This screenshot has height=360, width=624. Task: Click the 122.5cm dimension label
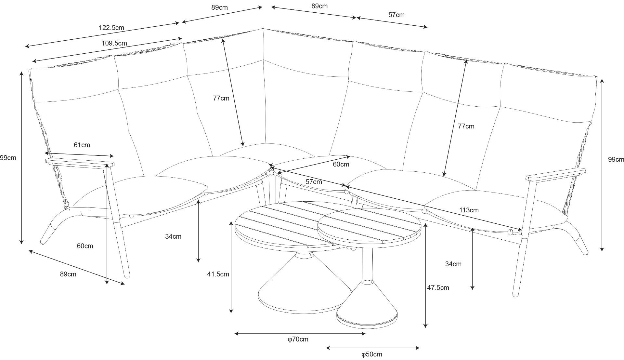(x=111, y=28)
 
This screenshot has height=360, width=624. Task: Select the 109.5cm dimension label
(x=114, y=43)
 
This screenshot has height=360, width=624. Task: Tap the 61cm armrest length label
(x=82, y=145)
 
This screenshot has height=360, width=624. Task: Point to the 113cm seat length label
(x=469, y=210)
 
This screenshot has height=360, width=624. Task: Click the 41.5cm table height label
(x=218, y=274)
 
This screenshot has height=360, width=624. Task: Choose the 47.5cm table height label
(x=438, y=287)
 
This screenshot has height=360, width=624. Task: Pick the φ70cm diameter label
(x=298, y=340)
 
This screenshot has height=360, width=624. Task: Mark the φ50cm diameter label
(x=371, y=354)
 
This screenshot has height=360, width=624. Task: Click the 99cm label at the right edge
(x=616, y=159)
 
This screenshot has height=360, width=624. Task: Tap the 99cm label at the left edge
(x=8, y=158)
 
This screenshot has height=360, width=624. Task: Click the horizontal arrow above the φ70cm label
(x=300, y=333)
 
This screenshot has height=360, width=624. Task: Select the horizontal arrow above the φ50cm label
(x=373, y=348)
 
